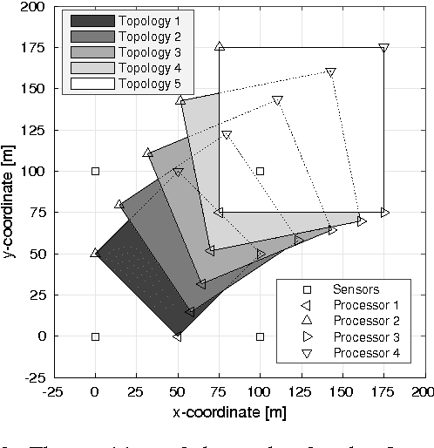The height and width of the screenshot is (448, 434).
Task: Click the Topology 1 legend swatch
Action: [x=87, y=19]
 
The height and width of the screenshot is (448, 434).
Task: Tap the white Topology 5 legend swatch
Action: [x=87, y=84]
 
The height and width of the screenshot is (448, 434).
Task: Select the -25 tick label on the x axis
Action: [x=54, y=393]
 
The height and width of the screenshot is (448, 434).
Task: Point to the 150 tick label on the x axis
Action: [x=342, y=393]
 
